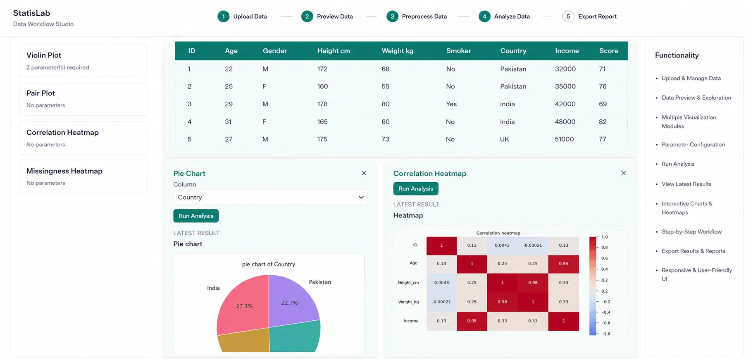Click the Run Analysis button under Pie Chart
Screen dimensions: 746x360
click(x=196, y=216)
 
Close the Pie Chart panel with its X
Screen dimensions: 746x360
click(x=364, y=173)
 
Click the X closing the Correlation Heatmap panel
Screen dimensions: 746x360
click(x=623, y=173)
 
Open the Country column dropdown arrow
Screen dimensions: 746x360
click(x=361, y=197)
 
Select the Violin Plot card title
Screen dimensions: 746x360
click(x=44, y=55)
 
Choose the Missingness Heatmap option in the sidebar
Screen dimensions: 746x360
click(x=64, y=171)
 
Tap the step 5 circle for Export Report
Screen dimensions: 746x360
click(x=568, y=17)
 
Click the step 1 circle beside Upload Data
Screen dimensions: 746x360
click(x=223, y=17)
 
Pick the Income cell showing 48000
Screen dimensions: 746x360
click(x=565, y=122)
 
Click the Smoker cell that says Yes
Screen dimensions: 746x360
click(x=451, y=104)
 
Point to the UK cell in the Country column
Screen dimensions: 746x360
click(x=505, y=139)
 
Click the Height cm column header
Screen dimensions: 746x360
click(x=334, y=51)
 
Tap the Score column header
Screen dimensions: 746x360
click(x=609, y=51)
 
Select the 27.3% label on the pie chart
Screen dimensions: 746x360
click(x=244, y=306)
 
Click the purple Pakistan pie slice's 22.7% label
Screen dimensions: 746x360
click(x=289, y=303)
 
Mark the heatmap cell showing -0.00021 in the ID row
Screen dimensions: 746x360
click(x=533, y=246)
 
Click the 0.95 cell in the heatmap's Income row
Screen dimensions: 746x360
click(x=472, y=321)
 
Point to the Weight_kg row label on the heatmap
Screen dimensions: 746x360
click(x=408, y=302)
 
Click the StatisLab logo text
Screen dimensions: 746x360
click(x=31, y=13)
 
